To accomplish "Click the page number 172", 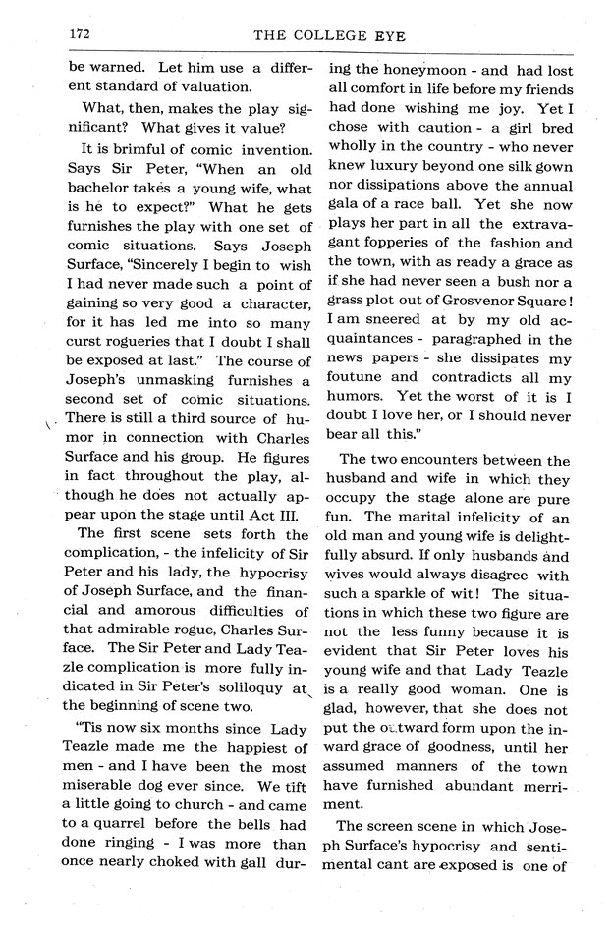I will click(x=81, y=32).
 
